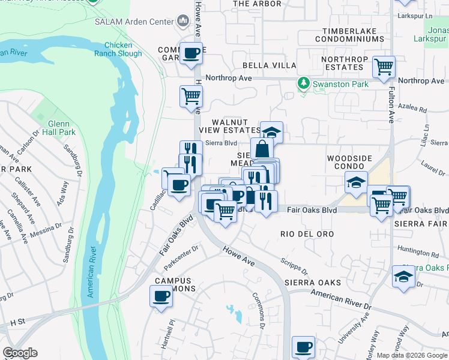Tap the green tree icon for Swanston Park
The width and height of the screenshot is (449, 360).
pyautogui.click(x=304, y=83)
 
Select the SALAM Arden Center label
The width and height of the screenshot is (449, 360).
pyautogui.click(x=133, y=22)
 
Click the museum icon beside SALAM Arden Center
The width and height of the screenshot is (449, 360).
pyautogui.click(x=182, y=22)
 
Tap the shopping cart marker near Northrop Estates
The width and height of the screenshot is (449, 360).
pyautogui.click(x=383, y=66)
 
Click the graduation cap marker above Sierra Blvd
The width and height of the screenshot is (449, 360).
pyautogui.click(x=271, y=131)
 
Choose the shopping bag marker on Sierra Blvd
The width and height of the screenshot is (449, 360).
pyautogui.click(x=262, y=148)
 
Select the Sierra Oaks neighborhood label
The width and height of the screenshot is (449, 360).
pyautogui.click(x=313, y=282)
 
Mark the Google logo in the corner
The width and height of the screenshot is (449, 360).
pyautogui.click(x=20, y=353)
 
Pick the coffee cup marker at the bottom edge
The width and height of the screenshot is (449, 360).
pyautogui.click(x=303, y=347)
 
